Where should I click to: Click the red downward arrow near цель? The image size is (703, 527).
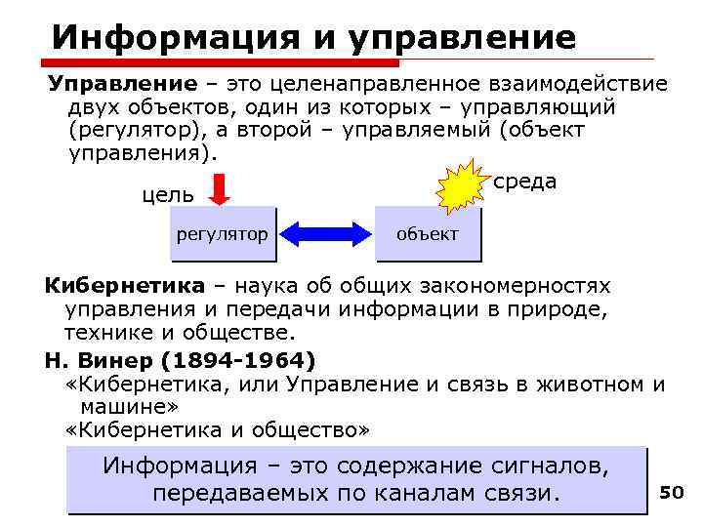click(x=220, y=188)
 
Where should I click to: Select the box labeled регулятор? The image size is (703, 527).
click(x=223, y=234)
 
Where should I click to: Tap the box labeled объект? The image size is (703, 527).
click(x=428, y=234)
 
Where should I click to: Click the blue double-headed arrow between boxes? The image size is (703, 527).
click(x=325, y=235)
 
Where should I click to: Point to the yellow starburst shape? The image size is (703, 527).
click(x=462, y=189)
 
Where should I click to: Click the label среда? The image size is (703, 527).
click(x=525, y=182)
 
